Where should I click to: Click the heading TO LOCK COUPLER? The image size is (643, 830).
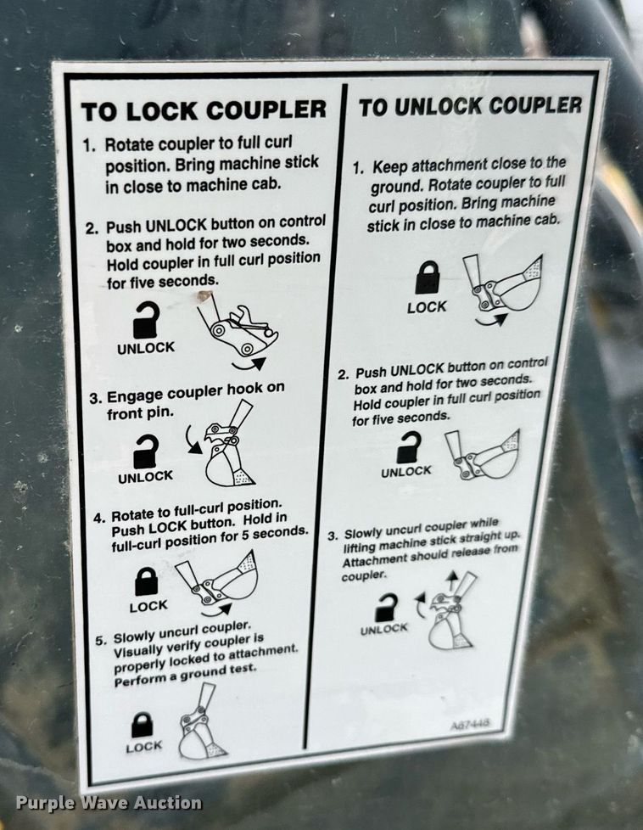click(x=204, y=110)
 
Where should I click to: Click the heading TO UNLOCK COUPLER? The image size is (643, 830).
click(x=471, y=106)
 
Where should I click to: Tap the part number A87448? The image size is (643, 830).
click(x=470, y=724)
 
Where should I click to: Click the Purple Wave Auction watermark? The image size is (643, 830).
click(x=109, y=803)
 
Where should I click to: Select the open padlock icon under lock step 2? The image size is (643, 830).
click(x=146, y=320)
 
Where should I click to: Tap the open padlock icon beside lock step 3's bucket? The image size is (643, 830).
click(x=146, y=451)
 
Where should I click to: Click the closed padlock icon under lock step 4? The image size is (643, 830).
click(x=147, y=581)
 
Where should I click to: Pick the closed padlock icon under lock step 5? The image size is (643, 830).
click(x=142, y=725)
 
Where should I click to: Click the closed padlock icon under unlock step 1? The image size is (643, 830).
click(x=428, y=278)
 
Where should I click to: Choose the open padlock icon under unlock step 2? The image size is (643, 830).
click(x=409, y=448)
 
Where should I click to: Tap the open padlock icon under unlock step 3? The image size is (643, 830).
click(x=386, y=607)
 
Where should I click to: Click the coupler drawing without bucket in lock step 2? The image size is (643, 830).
click(x=238, y=332)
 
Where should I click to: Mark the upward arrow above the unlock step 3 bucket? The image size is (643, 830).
click(x=451, y=580)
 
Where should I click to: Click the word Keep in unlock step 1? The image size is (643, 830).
click(x=390, y=166)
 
